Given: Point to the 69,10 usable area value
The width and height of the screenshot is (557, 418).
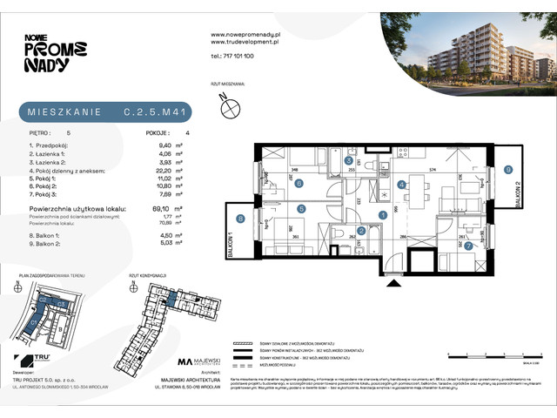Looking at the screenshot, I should (158, 210).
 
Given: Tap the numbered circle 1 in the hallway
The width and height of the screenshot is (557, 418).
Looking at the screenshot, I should (384, 215).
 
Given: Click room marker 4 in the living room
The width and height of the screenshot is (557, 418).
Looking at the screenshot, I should (401, 185).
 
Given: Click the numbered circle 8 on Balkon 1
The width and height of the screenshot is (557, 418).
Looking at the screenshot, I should (240, 219).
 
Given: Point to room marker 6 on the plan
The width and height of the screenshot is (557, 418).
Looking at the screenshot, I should (299, 184).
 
